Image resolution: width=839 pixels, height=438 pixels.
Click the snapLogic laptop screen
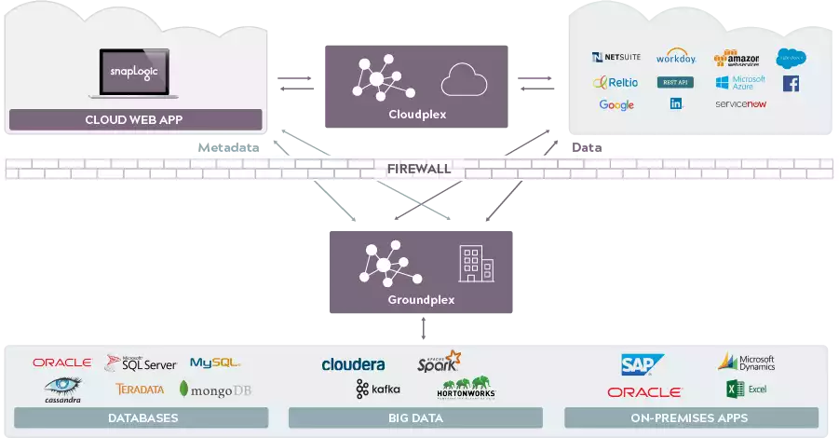(x=137, y=72)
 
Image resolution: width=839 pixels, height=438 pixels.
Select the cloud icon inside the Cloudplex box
(x=464, y=80)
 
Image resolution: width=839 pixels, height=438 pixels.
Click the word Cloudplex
(x=417, y=115)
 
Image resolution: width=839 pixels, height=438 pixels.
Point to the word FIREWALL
(x=419, y=169)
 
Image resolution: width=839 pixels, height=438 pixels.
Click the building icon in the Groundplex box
(x=476, y=264)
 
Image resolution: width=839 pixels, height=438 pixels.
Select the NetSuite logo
(x=616, y=58)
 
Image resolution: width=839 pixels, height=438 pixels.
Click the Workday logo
(x=676, y=58)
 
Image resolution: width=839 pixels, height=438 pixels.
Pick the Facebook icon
(x=791, y=84)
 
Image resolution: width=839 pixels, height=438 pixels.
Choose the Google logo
(x=616, y=105)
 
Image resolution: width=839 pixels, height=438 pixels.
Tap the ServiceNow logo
(x=740, y=104)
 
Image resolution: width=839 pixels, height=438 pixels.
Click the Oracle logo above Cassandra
(x=61, y=363)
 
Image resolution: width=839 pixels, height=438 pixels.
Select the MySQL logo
(x=215, y=363)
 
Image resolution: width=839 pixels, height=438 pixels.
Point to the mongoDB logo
(x=216, y=390)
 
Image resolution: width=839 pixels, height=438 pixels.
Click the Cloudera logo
(x=353, y=364)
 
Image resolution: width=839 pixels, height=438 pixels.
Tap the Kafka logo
(x=378, y=389)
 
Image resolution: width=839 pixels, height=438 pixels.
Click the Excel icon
(x=745, y=390)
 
